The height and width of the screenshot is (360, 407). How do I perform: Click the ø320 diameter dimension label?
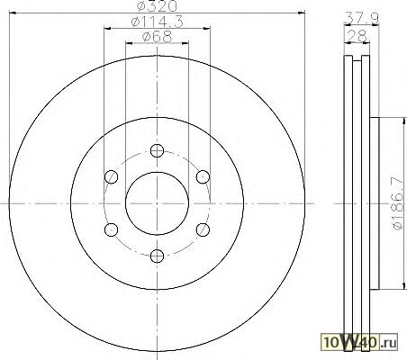(157, 6)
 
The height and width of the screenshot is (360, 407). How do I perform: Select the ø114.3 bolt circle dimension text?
(157, 22)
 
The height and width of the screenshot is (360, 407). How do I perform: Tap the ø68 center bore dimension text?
(157, 37)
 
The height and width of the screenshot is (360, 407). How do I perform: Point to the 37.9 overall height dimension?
(361, 17)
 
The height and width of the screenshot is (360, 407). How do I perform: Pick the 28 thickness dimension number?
(357, 36)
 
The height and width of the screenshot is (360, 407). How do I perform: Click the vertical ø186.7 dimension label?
(398, 203)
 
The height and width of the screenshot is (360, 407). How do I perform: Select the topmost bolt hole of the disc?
(157, 150)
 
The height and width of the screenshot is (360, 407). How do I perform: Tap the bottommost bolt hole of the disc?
(157, 256)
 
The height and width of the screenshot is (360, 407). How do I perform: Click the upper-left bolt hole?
(112, 176)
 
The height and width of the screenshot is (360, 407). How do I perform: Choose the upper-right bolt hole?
(203, 176)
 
